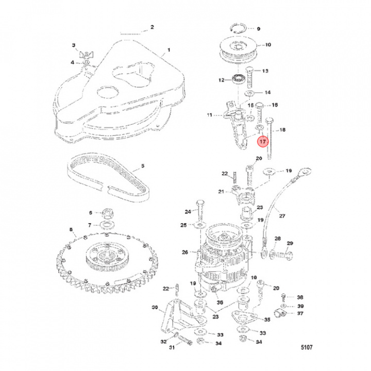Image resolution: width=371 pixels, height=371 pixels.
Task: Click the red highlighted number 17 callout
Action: pyautogui.click(x=262, y=141)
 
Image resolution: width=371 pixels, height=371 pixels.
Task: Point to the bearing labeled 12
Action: pyautogui.click(x=239, y=79)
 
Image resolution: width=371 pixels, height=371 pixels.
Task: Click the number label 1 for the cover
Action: pyautogui.click(x=168, y=52)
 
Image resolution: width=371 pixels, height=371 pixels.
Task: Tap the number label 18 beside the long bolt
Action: pyautogui.click(x=282, y=131)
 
